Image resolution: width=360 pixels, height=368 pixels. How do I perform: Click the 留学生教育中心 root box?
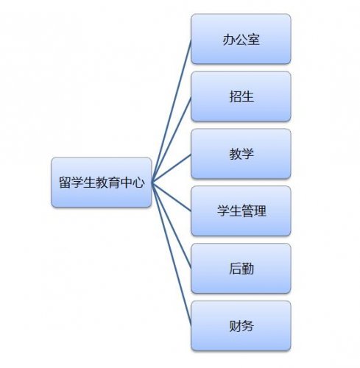102,183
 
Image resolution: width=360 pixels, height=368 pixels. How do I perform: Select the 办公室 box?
241,39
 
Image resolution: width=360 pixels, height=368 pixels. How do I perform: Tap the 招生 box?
241,96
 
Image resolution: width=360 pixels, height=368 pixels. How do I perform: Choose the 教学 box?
241,154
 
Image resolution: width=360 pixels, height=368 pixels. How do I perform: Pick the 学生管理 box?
241,211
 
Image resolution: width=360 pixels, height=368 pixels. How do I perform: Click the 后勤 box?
241,269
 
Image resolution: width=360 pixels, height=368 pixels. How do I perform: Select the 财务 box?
241,326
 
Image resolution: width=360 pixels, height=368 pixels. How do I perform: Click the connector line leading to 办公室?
172,110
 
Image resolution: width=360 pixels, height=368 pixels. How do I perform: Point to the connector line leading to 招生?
172,139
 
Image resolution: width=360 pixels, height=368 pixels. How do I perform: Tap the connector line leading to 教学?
172,168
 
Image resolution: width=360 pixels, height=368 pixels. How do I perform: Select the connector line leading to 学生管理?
172,197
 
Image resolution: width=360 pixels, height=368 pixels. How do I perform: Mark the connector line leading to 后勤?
172,225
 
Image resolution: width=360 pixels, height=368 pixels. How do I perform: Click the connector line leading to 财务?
172,254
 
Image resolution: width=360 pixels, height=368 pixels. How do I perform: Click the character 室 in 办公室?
253,40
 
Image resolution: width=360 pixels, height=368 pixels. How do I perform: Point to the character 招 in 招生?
235,96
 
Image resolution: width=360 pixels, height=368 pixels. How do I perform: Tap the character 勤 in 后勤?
247,269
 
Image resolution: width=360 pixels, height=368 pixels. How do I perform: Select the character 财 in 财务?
235,326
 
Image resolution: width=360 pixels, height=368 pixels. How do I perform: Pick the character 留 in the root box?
65,183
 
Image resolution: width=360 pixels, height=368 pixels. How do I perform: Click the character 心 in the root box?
138,183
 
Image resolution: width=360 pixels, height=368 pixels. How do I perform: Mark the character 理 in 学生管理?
260,211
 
